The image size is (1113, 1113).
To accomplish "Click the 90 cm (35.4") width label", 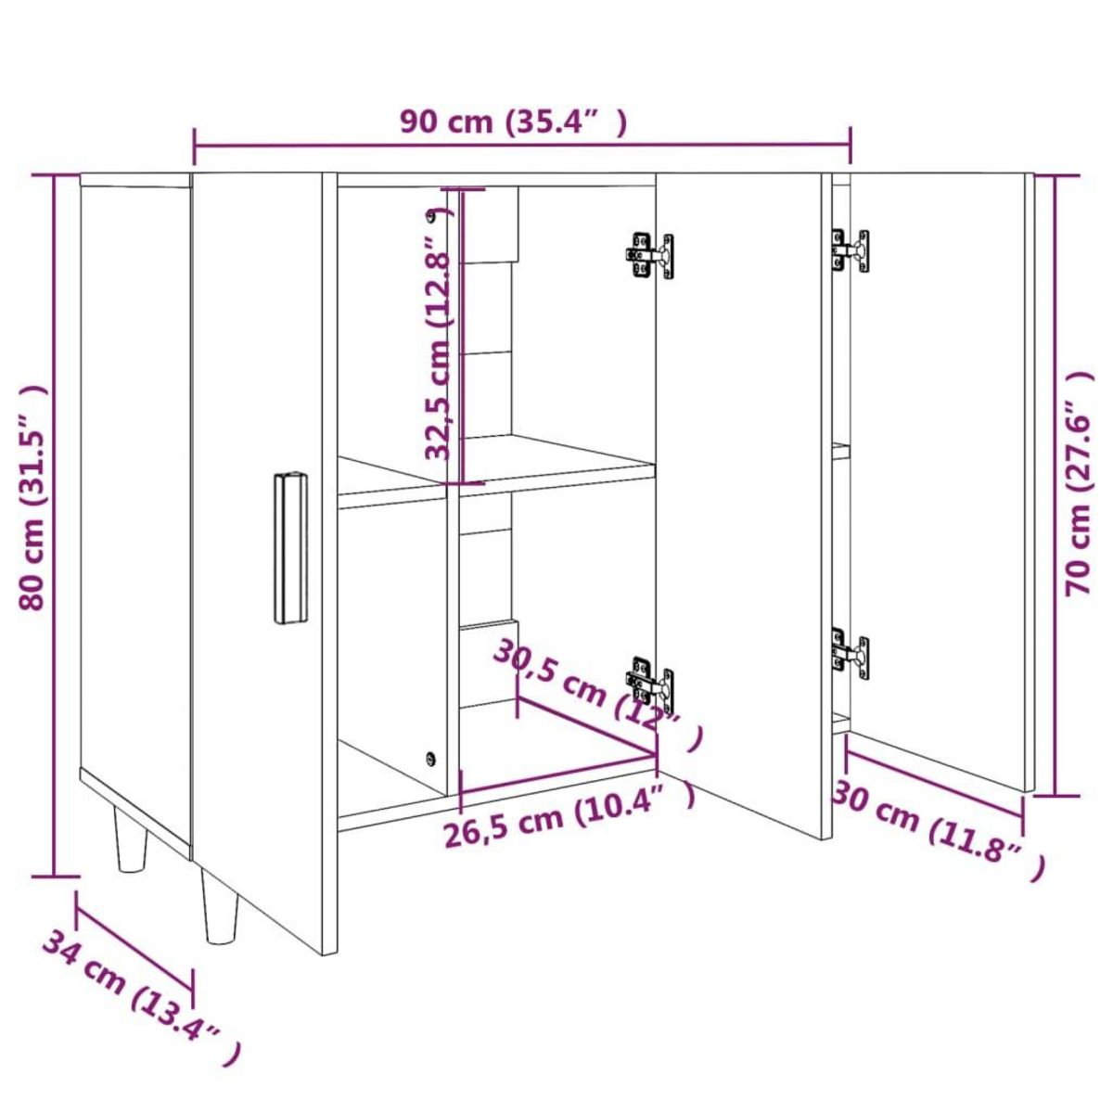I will tap(513, 122).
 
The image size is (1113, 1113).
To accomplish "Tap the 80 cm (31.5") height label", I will tap(35, 497).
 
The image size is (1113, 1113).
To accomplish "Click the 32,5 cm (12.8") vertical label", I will tap(440, 335).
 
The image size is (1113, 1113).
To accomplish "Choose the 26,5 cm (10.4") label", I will tap(569, 820).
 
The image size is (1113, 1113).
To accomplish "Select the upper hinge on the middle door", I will tap(649, 255).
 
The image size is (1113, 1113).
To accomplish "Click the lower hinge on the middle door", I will tap(651, 682).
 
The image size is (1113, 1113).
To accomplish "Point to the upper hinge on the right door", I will tap(851, 250).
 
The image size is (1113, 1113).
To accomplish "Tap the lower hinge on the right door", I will tap(850, 655).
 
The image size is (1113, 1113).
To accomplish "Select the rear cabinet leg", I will tap(131, 840).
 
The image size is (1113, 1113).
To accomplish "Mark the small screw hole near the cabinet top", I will tap(430, 218).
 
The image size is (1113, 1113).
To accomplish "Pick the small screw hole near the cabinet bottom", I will tap(429, 758).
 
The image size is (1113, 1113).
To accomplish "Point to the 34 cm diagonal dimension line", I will tap(134, 939).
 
